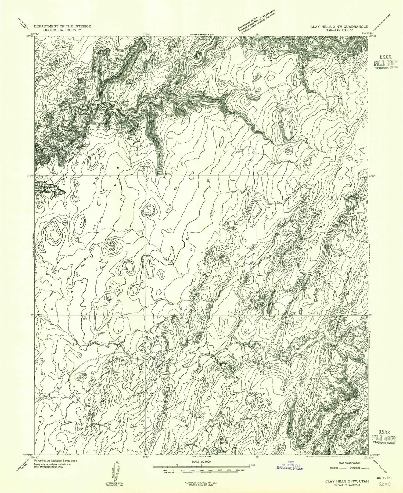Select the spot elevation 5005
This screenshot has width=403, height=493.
(x=170, y=138)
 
